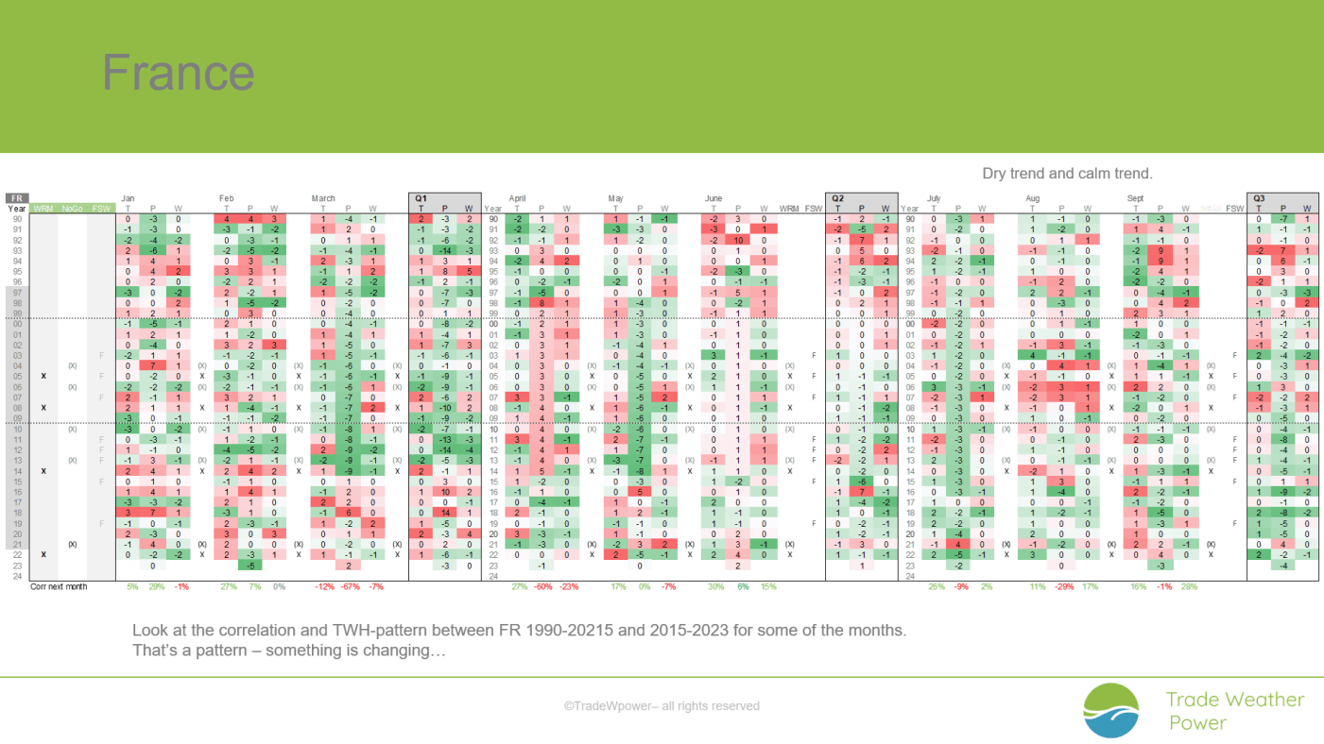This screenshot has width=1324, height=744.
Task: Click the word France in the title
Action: coord(178,73)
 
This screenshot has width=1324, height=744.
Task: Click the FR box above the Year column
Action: coord(17,198)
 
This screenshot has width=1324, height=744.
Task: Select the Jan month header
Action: coord(128,198)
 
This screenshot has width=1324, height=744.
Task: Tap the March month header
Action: coord(323,198)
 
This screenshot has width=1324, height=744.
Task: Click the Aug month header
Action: coord(1034,198)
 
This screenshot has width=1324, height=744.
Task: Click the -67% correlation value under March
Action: coord(348,586)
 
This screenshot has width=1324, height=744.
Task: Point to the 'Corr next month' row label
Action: coord(59,586)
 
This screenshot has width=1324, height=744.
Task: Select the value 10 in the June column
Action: coord(740,240)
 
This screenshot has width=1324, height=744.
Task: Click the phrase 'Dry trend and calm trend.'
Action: coord(1067,174)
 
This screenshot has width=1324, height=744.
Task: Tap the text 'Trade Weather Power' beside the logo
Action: coord(1234,711)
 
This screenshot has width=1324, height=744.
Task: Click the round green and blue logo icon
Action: coord(1111,711)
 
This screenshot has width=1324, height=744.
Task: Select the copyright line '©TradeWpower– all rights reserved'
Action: coord(662,705)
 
